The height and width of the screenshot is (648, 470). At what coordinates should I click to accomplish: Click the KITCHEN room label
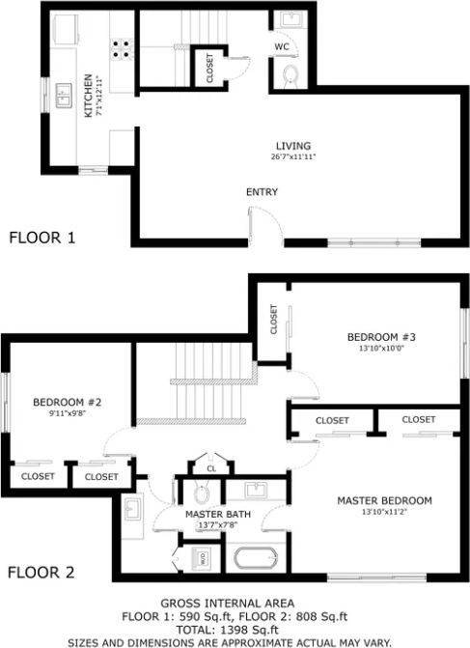coord(87,96)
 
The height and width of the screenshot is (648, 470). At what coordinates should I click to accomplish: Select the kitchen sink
coord(65,94)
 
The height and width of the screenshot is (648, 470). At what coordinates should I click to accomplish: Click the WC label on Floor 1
coord(281,46)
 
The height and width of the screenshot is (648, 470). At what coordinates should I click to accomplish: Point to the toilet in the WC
coord(290,75)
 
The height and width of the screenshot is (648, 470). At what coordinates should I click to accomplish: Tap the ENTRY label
coord(262,192)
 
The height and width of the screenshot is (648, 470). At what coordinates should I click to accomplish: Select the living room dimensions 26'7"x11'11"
coord(293,156)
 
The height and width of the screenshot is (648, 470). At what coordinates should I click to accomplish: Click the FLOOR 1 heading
coord(41,237)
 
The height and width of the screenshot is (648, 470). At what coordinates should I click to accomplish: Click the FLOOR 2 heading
coord(41,572)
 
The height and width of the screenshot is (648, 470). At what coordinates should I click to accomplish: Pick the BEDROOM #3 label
coord(374,337)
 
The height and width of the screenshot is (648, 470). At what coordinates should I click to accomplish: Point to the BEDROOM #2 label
coord(61,402)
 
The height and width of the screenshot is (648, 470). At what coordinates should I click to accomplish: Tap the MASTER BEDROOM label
coord(384,500)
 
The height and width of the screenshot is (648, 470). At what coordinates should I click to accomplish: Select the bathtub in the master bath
coord(257,558)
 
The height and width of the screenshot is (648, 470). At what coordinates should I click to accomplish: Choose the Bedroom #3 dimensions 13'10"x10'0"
coord(374,349)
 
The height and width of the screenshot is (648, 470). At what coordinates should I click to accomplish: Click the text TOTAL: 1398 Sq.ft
coord(235,628)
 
